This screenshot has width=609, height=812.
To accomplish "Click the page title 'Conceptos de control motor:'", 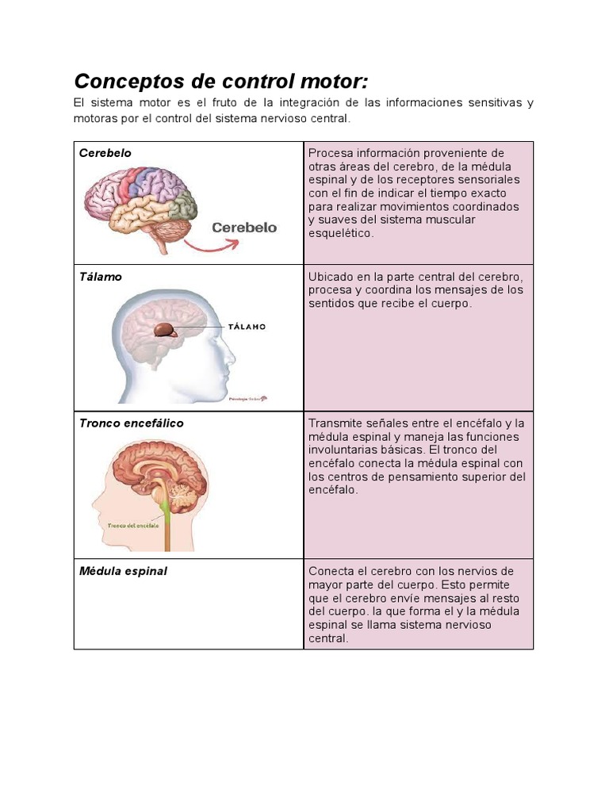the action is [221, 82].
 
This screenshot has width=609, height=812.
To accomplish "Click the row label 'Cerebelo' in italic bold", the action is [105, 153].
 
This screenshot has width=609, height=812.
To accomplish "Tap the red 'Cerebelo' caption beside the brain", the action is [244, 228].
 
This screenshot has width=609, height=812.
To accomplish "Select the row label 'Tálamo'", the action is [101, 278].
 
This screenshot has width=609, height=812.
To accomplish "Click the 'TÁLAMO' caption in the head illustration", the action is [247, 327].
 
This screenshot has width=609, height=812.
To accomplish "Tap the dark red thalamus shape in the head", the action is [166, 330].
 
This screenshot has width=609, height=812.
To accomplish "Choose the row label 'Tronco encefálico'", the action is [131, 423].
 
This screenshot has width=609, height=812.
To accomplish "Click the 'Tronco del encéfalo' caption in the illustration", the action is [133, 524].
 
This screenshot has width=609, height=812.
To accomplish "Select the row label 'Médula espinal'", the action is [123, 571].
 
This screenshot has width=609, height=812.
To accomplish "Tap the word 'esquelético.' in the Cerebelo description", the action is [340, 234].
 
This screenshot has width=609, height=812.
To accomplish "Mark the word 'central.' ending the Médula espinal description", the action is [328, 638].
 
